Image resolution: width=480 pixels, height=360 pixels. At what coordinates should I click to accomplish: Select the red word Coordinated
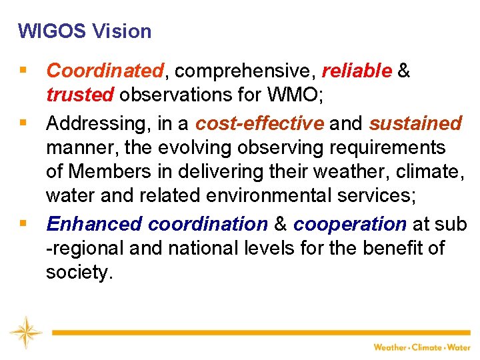click(105, 71)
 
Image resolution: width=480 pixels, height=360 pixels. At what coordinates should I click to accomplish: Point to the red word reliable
click(356, 71)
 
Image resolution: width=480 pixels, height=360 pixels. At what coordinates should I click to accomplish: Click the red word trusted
click(80, 95)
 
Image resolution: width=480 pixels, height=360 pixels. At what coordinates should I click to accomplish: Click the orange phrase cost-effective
click(259, 123)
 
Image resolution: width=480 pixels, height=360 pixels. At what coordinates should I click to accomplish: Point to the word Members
click(109, 171)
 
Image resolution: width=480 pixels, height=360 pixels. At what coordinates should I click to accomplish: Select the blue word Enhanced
click(94, 224)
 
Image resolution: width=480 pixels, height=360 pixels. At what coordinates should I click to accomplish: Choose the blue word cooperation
click(349, 224)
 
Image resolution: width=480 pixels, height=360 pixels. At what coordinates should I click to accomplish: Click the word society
click(77, 272)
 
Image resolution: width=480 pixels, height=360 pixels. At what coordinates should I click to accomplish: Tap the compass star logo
click(25, 332)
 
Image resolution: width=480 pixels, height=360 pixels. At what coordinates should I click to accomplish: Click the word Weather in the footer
click(390, 347)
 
